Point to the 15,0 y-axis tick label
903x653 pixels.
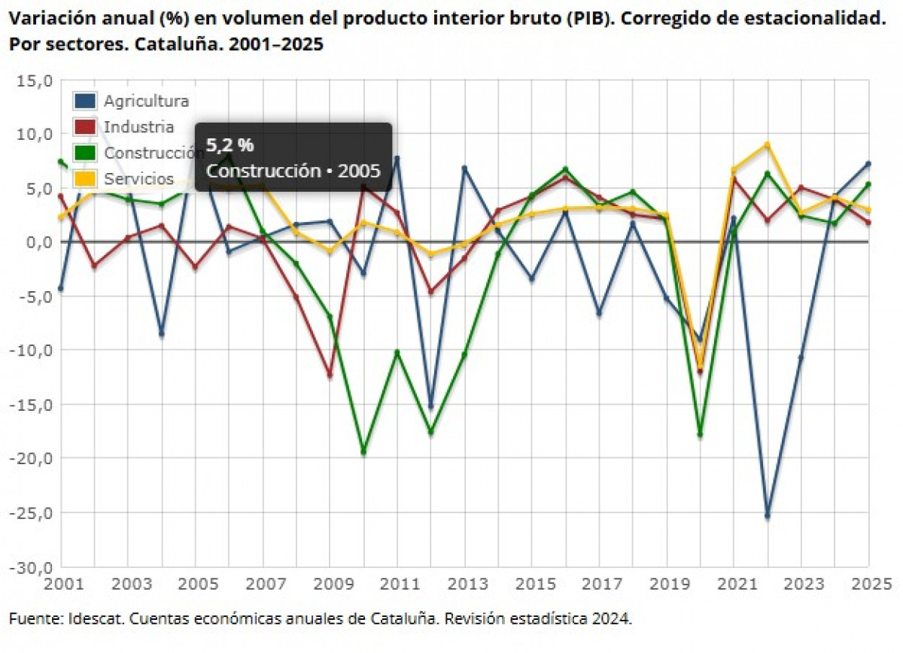[35, 80]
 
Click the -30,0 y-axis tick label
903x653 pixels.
[32, 566]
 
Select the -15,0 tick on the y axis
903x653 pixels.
[32, 404]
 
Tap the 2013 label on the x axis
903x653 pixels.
[464, 584]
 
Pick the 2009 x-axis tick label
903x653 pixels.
[330, 584]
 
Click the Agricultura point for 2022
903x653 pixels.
[767, 515]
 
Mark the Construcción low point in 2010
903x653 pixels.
[363, 452]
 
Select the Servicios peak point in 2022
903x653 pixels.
[767, 144]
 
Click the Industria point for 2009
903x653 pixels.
[330, 374]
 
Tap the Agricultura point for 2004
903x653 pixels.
[161, 333]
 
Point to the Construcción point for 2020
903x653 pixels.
[700, 435]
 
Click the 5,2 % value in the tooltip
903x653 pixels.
[230, 145]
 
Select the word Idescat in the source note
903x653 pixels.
[91, 618]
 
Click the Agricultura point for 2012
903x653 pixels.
[430, 406]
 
